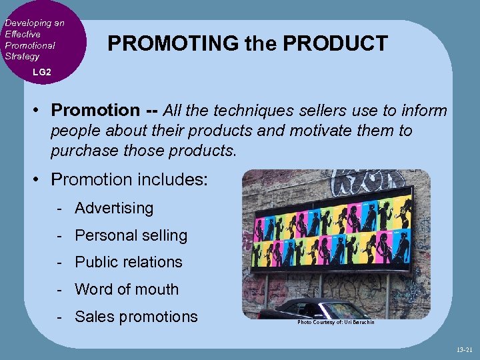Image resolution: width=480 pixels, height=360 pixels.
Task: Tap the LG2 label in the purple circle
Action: pos(41,71)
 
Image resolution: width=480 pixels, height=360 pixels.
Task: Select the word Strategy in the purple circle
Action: pos(22,57)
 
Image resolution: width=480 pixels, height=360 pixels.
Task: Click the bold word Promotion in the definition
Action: pos(95,109)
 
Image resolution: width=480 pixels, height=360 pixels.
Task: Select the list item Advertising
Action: pos(114,208)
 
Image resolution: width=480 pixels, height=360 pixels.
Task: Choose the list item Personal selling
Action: pos(131,235)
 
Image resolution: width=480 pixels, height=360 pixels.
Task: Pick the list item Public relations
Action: pos(129,262)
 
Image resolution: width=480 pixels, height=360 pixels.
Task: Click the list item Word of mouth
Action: pos(127,289)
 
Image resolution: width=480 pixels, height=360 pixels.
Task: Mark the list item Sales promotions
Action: pos(136,317)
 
